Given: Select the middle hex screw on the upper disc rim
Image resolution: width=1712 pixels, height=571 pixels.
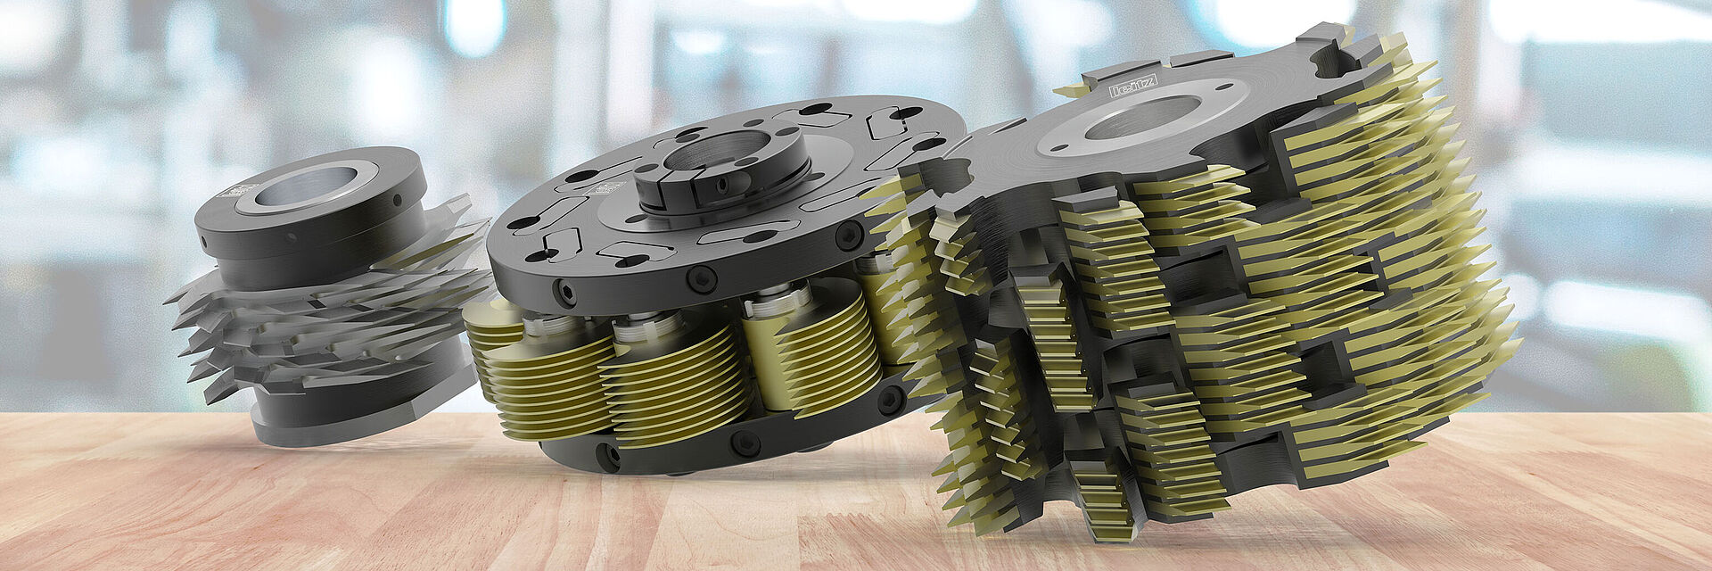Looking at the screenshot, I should pos(701,278).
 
